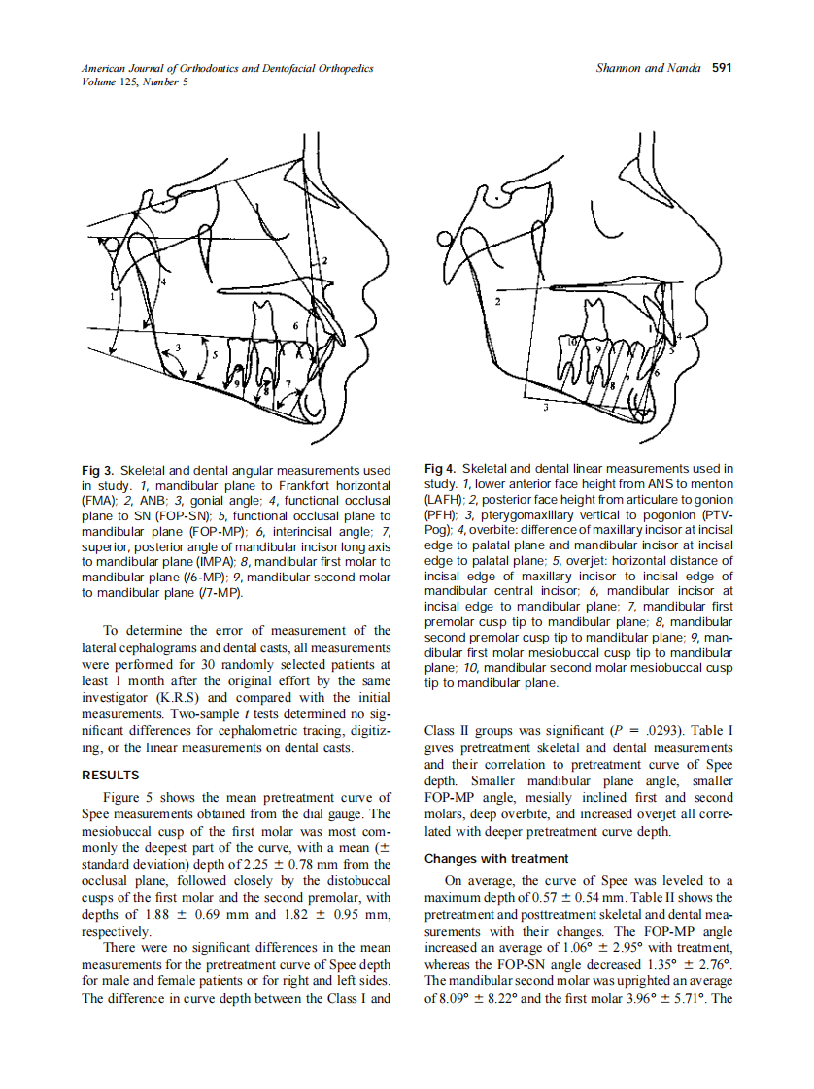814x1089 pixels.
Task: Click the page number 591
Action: tap(721, 68)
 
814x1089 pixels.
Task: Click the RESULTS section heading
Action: tap(110, 775)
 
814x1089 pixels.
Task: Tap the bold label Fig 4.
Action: tap(442, 470)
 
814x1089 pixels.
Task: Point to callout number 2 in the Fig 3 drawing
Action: tap(324, 260)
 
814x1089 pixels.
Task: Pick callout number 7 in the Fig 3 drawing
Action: tap(288, 385)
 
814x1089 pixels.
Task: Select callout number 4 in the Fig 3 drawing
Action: tap(164, 281)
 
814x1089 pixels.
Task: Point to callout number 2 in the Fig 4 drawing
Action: tap(497, 303)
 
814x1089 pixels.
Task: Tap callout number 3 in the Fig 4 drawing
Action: tap(545, 409)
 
